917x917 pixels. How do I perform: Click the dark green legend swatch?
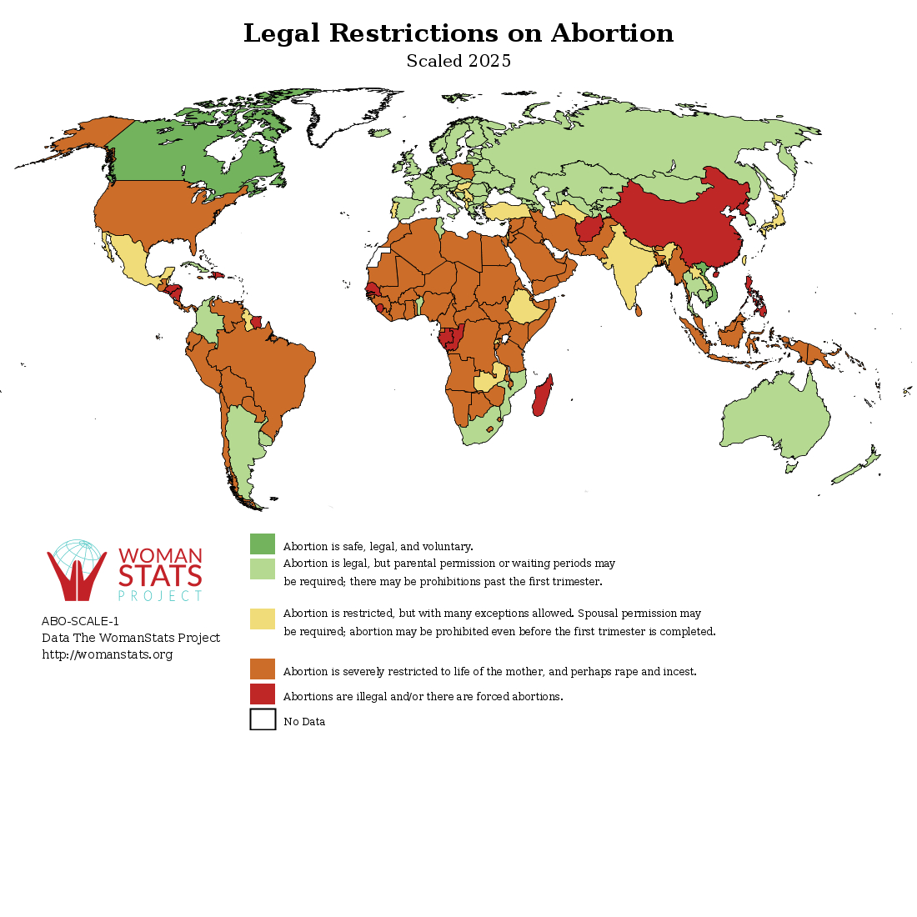(263, 544)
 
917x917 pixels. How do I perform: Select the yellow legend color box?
(263, 619)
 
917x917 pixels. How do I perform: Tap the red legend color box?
(263, 694)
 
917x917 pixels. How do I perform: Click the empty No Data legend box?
(263, 719)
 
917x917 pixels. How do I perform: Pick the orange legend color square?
(263, 669)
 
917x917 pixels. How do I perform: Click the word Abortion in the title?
(612, 34)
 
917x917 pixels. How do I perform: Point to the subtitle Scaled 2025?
(458, 62)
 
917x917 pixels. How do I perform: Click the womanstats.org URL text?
(108, 655)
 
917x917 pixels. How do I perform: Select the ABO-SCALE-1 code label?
(80, 621)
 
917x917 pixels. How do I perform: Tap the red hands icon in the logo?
(77, 575)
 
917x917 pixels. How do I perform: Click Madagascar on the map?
(542, 396)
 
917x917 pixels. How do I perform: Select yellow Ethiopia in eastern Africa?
(529, 308)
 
